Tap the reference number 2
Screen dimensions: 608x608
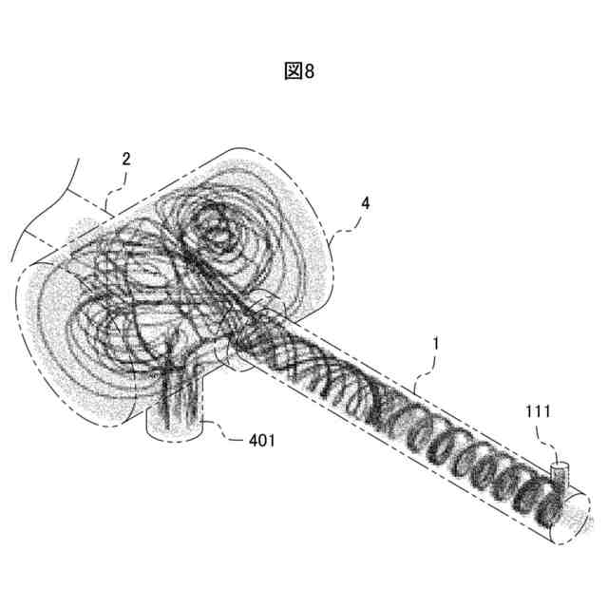click(125, 160)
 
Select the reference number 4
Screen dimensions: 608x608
click(366, 203)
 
